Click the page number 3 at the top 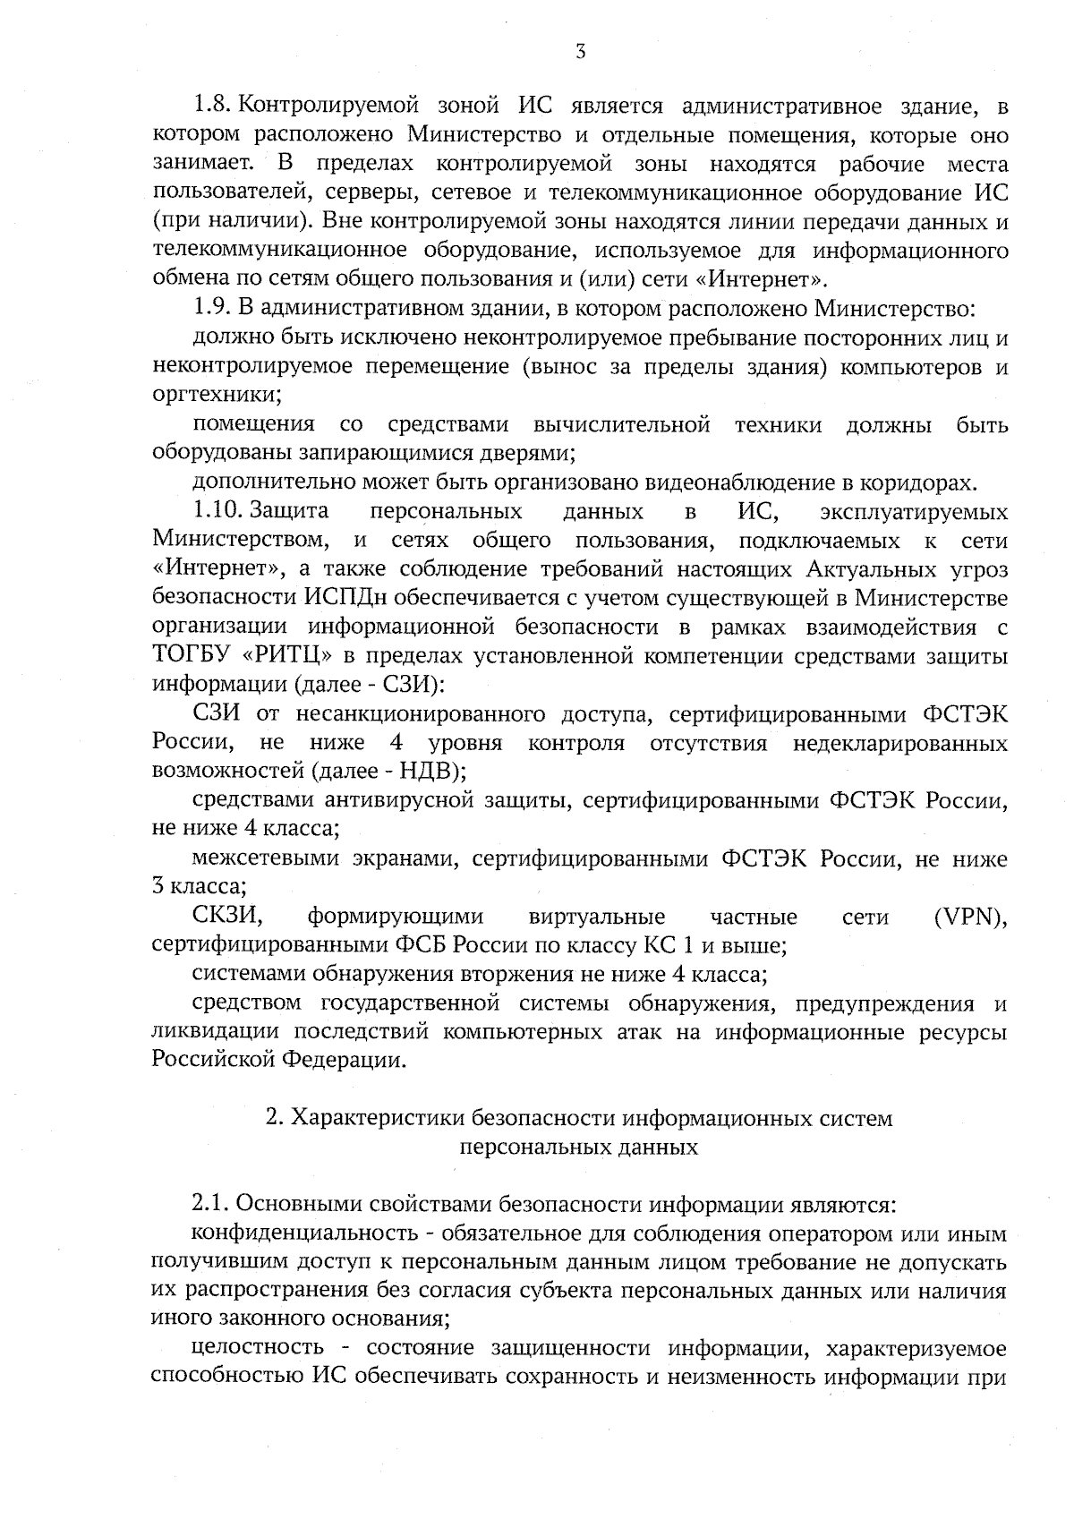(x=581, y=52)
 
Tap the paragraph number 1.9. (x=213, y=309)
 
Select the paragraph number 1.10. (x=218, y=512)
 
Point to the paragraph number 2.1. (x=212, y=1204)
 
